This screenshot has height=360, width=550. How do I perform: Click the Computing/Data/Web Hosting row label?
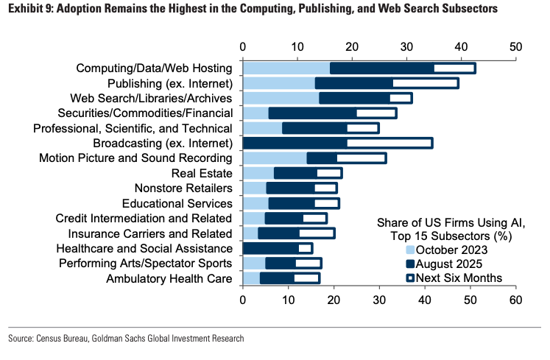pos(155,68)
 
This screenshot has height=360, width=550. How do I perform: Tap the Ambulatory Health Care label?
pos(169,278)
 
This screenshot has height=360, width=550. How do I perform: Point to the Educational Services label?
pos(183,203)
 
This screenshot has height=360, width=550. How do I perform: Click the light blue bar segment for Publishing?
pos(279,83)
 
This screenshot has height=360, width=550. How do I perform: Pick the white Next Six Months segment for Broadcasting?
pos(389,143)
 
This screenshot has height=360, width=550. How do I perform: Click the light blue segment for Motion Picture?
pos(275,158)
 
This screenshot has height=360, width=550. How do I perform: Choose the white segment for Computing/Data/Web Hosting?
pos(454,68)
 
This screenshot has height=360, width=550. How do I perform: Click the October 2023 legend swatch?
pos(410,250)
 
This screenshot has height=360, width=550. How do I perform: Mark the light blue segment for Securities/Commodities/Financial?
pos(255,113)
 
